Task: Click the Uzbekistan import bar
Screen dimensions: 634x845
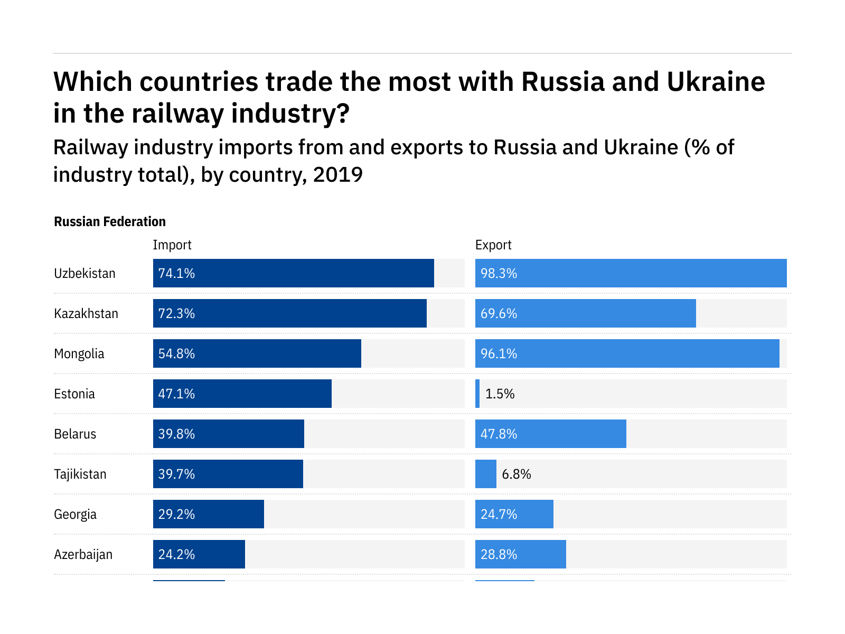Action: point(293,273)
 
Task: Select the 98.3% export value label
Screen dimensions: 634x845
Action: point(499,273)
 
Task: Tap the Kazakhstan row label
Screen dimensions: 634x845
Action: point(86,313)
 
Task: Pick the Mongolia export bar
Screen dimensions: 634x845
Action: point(627,353)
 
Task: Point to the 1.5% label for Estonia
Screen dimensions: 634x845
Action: point(500,394)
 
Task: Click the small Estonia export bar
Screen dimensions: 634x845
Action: point(477,394)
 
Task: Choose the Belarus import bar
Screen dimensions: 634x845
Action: point(229,434)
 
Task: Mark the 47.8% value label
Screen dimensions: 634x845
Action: point(499,434)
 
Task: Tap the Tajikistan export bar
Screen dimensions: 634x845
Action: point(486,474)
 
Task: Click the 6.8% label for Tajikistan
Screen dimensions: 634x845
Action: point(516,474)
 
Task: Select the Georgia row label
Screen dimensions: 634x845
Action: point(75,514)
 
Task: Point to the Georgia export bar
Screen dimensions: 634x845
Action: point(514,514)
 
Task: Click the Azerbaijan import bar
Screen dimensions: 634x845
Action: point(199,554)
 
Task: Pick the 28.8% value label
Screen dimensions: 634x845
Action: point(499,554)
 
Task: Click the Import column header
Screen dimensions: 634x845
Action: point(172,245)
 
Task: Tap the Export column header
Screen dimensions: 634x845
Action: point(493,245)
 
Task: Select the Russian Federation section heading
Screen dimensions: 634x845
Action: point(110,221)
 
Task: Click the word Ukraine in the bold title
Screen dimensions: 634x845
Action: point(716,82)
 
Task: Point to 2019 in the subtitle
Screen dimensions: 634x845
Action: point(337,174)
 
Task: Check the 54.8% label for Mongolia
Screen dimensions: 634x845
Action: point(176,353)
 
